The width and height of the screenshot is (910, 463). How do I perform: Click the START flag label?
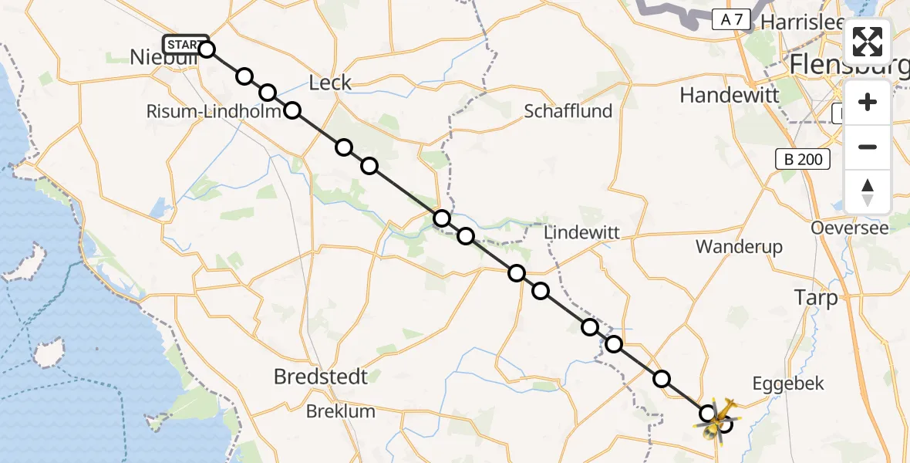(x=184, y=44)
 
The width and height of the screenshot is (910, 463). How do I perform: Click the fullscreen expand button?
(x=868, y=42)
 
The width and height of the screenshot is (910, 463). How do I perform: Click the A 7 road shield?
(x=730, y=20)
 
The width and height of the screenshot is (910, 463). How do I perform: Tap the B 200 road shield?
(x=803, y=160)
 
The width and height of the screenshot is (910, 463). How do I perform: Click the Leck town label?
(x=329, y=83)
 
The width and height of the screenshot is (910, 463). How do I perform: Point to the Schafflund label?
(x=568, y=111)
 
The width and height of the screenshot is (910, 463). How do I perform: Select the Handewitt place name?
(x=730, y=95)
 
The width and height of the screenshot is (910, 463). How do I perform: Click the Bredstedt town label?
(x=321, y=377)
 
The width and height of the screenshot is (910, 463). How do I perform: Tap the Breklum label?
(x=341, y=411)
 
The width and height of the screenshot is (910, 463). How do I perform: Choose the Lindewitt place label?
(x=581, y=232)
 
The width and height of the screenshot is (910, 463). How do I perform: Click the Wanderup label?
(x=739, y=247)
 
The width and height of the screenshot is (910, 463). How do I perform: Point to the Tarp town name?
(x=815, y=299)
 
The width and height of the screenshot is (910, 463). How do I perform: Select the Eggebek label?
(x=788, y=384)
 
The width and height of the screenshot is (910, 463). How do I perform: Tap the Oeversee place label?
(x=849, y=228)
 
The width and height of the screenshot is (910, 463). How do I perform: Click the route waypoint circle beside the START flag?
(x=207, y=49)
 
